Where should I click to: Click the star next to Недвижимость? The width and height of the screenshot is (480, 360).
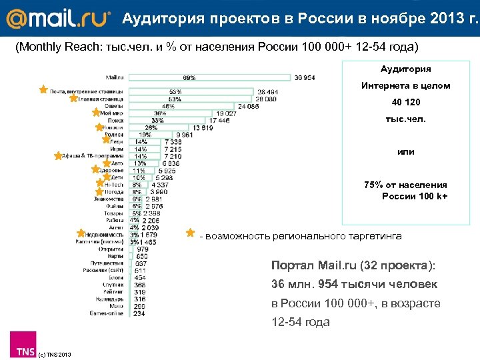point(81,233)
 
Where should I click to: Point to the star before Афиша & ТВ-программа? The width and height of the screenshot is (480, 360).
point(59,156)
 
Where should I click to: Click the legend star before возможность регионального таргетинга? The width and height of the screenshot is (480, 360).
point(191,233)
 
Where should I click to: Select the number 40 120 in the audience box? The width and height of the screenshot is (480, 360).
point(405,102)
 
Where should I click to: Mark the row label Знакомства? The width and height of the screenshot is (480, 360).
point(109,198)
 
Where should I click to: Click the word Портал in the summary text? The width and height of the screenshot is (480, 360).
point(289,265)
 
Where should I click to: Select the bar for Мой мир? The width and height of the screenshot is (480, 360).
point(169,113)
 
